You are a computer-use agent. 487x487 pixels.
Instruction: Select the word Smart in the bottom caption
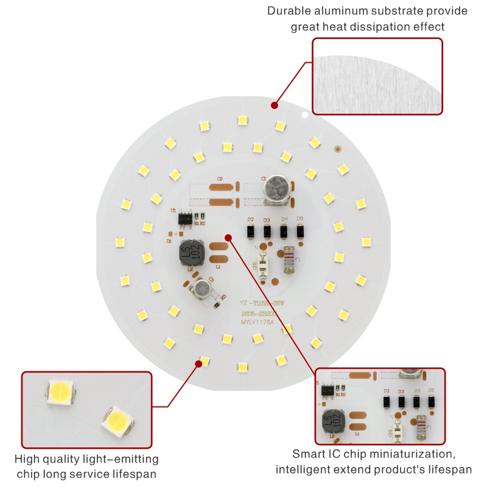click(x=309, y=454)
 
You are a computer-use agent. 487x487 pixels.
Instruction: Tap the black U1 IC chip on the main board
click(x=183, y=216)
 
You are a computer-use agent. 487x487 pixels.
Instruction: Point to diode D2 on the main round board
click(x=250, y=231)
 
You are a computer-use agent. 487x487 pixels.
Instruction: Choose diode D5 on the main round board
click(x=300, y=231)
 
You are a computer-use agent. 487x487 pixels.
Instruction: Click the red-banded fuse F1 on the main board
click(x=290, y=259)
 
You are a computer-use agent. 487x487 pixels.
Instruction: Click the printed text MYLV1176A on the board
click(x=258, y=323)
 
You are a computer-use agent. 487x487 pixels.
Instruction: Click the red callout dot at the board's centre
click(x=228, y=237)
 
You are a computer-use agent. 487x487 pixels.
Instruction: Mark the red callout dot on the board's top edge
click(x=275, y=105)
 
